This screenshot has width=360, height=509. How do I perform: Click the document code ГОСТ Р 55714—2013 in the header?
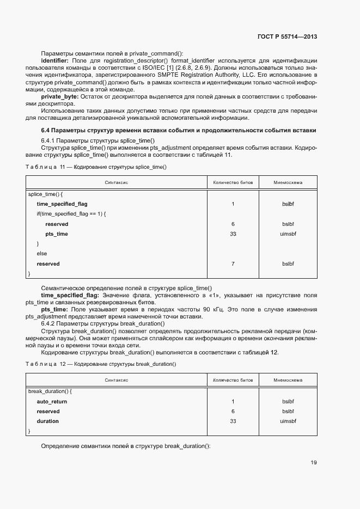[286, 36]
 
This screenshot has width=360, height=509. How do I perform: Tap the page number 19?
[313, 463]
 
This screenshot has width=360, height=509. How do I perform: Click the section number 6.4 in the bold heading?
[46, 131]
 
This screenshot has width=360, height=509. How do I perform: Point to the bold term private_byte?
[59, 96]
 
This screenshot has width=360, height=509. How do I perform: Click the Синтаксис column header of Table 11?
[116, 182]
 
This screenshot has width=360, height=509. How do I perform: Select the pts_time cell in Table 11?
[56, 234]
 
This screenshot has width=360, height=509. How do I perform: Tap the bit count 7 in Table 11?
[233, 264]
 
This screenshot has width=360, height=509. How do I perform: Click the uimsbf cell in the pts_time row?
[288, 234]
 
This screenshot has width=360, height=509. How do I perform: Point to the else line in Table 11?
[41, 254]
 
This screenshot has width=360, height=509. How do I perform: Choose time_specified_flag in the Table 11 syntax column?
[62, 204]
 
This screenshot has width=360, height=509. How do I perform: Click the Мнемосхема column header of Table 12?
[288, 380]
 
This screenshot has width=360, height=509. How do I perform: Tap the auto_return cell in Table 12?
[52, 401]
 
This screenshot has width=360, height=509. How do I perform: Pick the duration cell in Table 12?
[47, 421]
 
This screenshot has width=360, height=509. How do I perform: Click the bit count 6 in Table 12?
[233, 412]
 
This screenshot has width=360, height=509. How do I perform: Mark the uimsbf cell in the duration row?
[288, 421]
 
